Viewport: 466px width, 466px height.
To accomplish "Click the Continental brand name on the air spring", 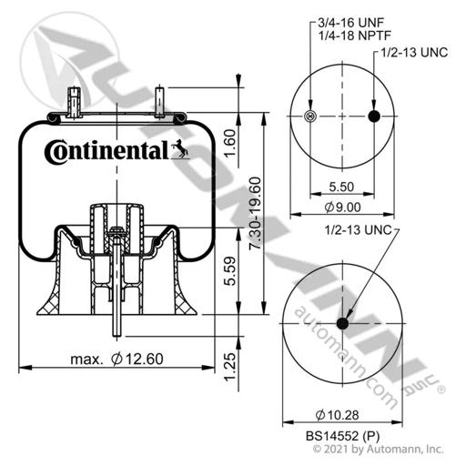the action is pyautogui.click(x=106, y=151).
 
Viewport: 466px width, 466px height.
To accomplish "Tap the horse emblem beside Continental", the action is pyautogui.click(x=180, y=149).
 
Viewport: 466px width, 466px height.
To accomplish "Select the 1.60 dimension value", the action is pyautogui.click(x=230, y=143).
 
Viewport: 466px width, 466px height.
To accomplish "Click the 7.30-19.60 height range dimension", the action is pyautogui.click(x=255, y=213).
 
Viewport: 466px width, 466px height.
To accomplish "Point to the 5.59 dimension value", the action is pyautogui.click(x=230, y=271).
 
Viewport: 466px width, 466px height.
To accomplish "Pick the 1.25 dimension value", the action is pyautogui.click(x=230, y=367).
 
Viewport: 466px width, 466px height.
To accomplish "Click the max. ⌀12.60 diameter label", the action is pyautogui.click(x=117, y=360).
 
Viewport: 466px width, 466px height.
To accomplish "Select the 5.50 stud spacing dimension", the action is pyautogui.click(x=341, y=187).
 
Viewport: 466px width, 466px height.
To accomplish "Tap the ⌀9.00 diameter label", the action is pyautogui.click(x=342, y=208).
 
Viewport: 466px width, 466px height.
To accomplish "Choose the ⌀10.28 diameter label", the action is pyautogui.click(x=337, y=415).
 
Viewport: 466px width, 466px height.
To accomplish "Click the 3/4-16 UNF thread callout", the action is pyautogui.click(x=350, y=23).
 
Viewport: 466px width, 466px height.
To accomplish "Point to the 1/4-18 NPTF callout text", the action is pyautogui.click(x=354, y=35).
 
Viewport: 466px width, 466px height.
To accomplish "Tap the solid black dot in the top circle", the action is pyautogui.click(x=374, y=116).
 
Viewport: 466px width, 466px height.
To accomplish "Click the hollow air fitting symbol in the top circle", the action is pyautogui.click(x=310, y=116).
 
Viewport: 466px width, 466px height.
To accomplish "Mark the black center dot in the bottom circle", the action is pyautogui.click(x=342, y=323).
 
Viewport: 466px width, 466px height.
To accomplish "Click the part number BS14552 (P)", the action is pyautogui.click(x=342, y=436).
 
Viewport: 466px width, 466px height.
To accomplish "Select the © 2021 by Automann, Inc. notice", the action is pyautogui.click(x=378, y=450).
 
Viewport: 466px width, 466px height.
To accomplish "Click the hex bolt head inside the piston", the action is pyautogui.click(x=116, y=230).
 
